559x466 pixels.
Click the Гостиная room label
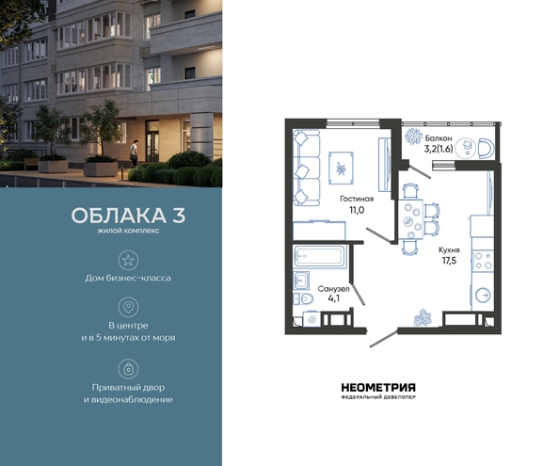click(x=357, y=199)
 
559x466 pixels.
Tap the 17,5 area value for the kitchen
click(x=449, y=261)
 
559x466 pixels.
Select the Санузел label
click(x=333, y=289)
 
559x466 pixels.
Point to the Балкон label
click(x=439, y=138)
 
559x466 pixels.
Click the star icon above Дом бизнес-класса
click(x=128, y=260)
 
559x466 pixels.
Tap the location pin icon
click(x=128, y=307)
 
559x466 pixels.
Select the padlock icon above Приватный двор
click(x=128, y=369)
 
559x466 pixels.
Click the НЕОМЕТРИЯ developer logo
click(x=378, y=391)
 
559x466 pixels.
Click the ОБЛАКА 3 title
click(x=128, y=216)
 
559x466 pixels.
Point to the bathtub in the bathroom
click(x=320, y=256)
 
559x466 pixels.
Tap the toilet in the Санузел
click(x=303, y=298)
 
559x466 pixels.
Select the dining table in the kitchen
click(x=410, y=219)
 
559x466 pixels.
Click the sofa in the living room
click(x=307, y=168)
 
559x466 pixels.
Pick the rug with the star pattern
click(x=342, y=168)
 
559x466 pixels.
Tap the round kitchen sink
click(x=483, y=295)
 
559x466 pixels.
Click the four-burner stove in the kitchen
click(x=483, y=261)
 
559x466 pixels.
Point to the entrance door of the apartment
click(x=384, y=338)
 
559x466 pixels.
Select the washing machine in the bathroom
click(x=311, y=319)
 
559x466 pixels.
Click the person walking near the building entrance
click(x=134, y=153)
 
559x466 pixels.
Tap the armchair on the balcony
click(x=486, y=149)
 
